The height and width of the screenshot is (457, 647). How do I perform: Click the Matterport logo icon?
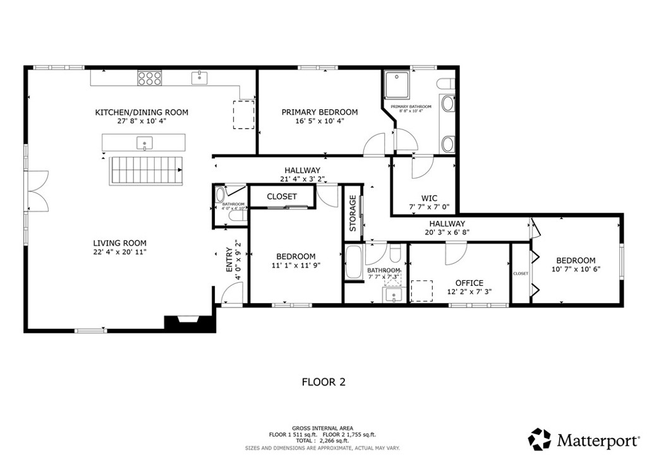(540, 439)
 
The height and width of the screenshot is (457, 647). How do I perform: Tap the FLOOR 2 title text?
(323, 382)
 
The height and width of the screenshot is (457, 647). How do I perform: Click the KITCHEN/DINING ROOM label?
(142, 112)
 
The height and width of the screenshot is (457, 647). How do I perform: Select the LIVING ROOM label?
(120, 243)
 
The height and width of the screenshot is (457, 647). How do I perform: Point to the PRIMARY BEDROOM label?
(319, 112)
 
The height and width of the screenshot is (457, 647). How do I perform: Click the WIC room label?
(429, 198)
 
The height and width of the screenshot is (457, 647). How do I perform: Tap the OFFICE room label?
(469, 283)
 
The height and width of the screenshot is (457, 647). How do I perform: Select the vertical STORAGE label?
(353, 213)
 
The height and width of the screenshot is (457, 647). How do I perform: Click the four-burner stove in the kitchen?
(149, 78)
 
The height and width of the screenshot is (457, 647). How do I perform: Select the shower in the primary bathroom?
(399, 83)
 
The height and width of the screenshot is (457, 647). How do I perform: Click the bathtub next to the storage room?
(354, 262)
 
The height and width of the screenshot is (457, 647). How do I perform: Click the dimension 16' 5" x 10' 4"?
(319, 121)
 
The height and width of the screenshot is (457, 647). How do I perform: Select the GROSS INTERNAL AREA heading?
(323, 427)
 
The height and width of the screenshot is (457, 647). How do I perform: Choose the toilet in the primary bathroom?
(447, 83)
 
